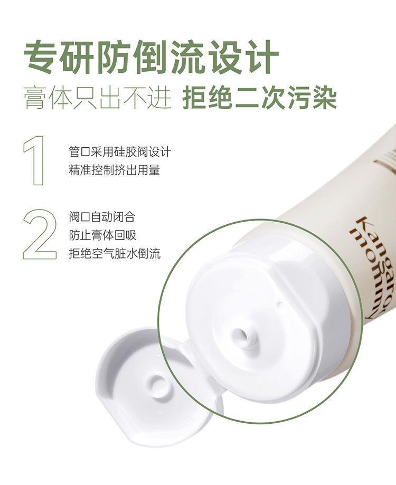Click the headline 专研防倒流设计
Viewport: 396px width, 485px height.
(152, 58)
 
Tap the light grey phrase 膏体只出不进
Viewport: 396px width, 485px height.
(98, 98)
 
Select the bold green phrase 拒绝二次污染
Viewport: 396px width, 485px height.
(259, 98)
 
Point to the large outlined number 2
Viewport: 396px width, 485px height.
(40, 235)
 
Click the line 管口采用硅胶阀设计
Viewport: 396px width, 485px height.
(120, 152)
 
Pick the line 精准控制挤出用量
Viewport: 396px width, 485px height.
(115, 170)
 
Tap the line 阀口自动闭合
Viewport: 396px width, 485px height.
(102, 217)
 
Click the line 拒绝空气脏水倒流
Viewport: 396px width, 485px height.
(115, 254)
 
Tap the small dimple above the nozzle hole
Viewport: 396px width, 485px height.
(280, 305)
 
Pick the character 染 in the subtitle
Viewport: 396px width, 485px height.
(324, 98)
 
